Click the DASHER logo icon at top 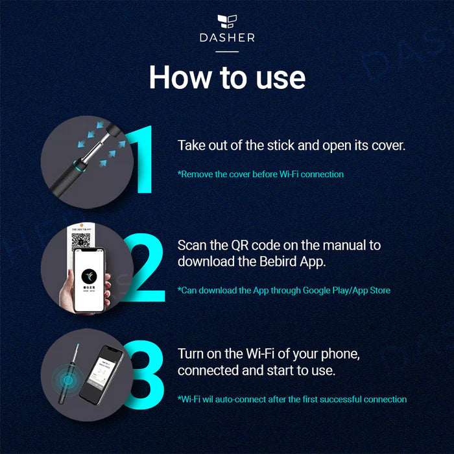point(227,21)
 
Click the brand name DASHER point(227,38)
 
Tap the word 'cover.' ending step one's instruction point(387,145)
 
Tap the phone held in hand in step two point(90,279)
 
